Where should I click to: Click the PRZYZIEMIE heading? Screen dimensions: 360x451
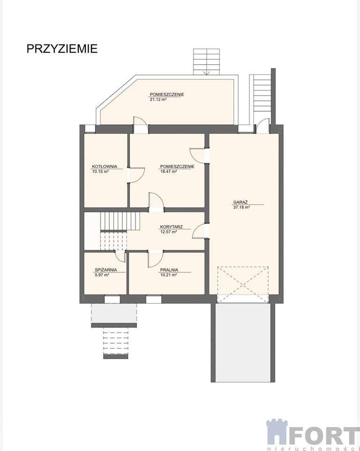point(62,49)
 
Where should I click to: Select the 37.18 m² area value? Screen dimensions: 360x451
point(241,207)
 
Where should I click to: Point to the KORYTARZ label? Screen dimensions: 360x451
point(172,226)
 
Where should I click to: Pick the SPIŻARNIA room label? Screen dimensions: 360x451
point(106,270)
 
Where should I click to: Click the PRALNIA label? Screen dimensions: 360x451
point(169,270)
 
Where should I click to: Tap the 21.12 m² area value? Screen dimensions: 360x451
point(158,99)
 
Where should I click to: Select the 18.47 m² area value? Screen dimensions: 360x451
point(168,171)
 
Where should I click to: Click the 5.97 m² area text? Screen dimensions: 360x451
point(102,275)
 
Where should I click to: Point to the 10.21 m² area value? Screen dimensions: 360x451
point(168,275)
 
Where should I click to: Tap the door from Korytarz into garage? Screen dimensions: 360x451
point(200,231)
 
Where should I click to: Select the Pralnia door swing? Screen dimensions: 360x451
point(155,259)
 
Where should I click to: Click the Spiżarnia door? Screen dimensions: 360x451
point(120,256)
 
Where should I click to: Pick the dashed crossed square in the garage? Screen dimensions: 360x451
point(243,285)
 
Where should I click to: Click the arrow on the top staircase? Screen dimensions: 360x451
point(206,72)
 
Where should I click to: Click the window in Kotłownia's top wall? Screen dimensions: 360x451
point(90,129)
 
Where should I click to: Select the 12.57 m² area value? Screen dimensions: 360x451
point(168,232)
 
